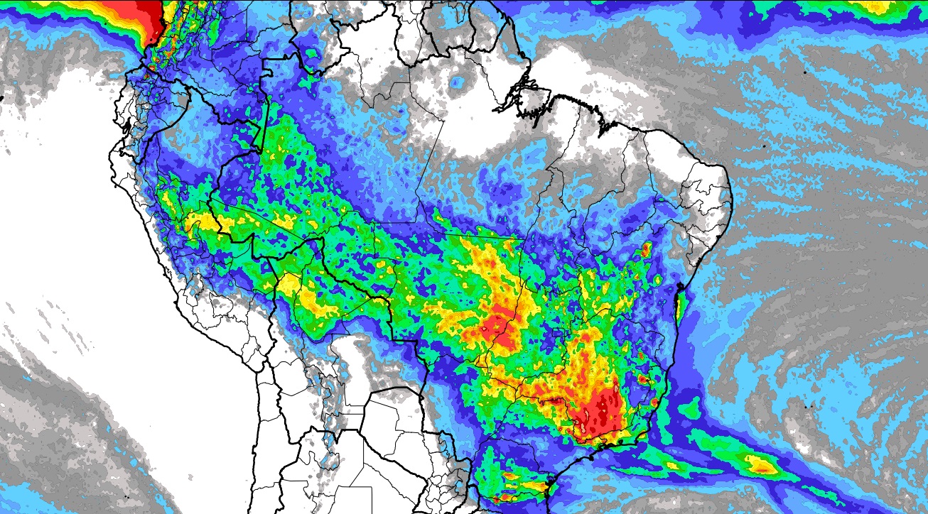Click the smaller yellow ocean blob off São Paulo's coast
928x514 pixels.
(671, 465)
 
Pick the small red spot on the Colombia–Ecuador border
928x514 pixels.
(151, 67)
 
